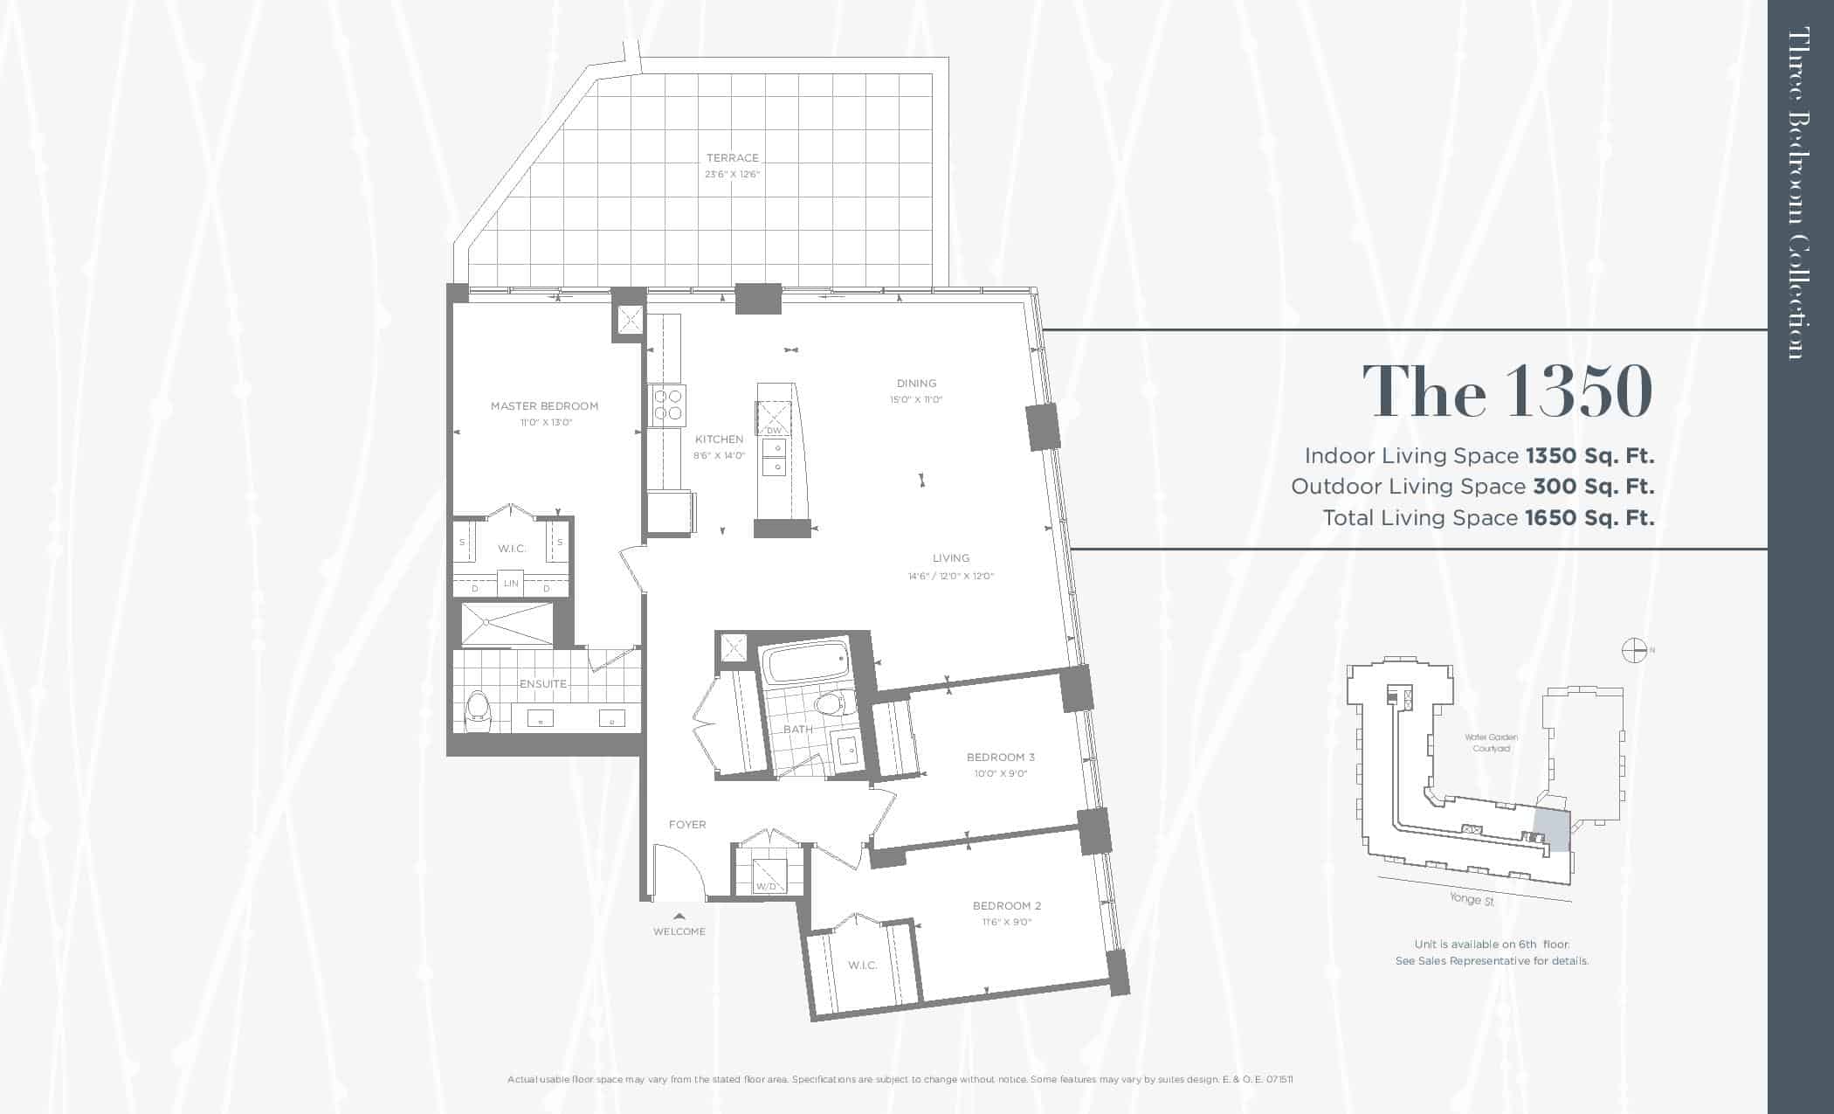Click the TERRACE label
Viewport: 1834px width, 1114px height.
[x=733, y=158]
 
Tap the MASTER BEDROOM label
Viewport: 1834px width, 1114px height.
[x=544, y=406]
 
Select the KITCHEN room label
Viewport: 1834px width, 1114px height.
[x=719, y=439]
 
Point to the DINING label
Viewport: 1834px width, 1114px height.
[x=916, y=384]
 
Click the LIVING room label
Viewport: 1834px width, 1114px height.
[x=950, y=558]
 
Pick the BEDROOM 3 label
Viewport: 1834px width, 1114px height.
[x=1001, y=758]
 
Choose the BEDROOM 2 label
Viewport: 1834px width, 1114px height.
[x=1007, y=906]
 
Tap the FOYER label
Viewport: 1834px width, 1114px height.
[x=687, y=825]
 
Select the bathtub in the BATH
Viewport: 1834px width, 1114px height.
[x=804, y=666]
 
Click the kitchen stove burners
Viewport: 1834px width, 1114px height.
[x=668, y=405]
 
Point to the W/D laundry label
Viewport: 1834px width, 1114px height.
[x=766, y=887]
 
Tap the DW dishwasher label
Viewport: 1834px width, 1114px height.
[x=774, y=431]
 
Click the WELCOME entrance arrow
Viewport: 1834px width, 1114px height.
[x=679, y=916]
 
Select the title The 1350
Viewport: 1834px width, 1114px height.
[x=1507, y=391]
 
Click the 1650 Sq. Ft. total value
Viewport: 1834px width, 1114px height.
[x=1589, y=518]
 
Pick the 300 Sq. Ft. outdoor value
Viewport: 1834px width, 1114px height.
[x=1594, y=487]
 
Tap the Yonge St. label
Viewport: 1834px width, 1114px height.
[x=1472, y=898]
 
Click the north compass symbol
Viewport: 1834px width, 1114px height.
[x=1634, y=650]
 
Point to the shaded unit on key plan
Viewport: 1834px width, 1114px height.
[x=1552, y=829]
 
